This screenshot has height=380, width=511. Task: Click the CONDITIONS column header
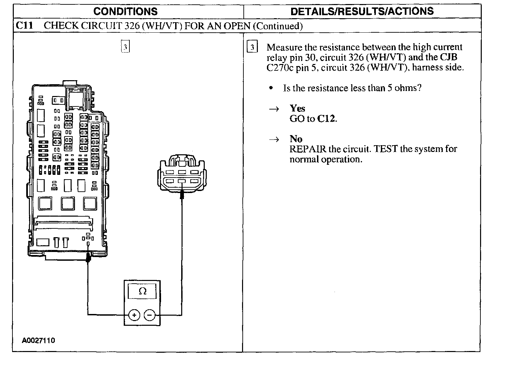125,11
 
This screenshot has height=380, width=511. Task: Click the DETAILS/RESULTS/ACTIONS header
362,11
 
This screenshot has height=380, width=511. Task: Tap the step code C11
25,26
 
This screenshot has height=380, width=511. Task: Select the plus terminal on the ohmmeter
134,315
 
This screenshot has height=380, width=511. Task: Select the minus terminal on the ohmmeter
150,315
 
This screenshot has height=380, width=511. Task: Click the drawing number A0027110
38,340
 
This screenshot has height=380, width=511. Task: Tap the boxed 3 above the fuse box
125,47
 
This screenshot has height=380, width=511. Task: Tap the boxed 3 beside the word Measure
252,47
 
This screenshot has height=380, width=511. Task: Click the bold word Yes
298,108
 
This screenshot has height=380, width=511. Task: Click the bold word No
296,139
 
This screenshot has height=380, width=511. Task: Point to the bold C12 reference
326,119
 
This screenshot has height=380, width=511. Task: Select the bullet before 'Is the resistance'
271,88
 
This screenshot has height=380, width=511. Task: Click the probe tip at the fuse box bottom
88,258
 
